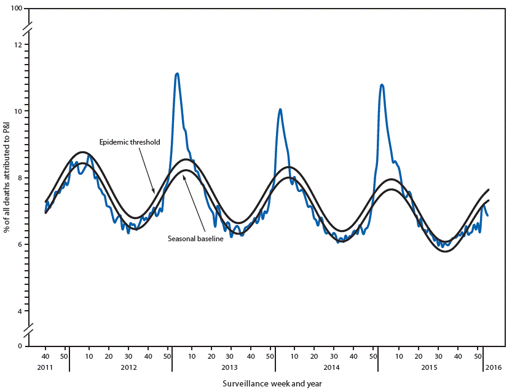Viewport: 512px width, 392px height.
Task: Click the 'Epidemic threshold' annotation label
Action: (x=130, y=142)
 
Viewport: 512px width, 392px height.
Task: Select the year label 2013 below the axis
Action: (x=229, y=367)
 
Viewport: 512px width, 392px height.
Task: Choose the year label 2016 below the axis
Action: (x=493, y=367)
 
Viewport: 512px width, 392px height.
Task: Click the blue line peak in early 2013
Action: (x=177, y=73)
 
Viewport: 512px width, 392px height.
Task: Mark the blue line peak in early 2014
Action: (x=280, y=110)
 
